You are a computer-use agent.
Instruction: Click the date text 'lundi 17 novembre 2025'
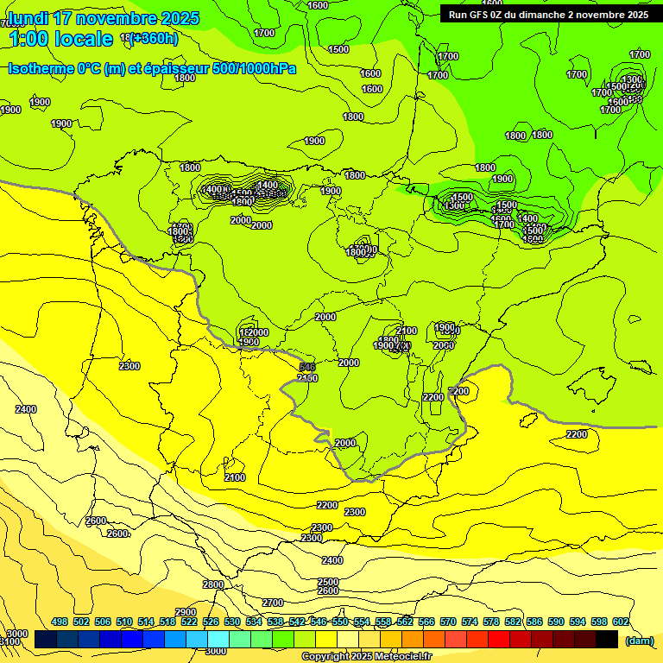click(x=104, y=18)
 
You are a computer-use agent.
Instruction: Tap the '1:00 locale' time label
click(x=60, y=39)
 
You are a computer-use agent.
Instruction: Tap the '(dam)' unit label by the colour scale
click(x=640, y=640)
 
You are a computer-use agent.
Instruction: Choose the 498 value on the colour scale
click(x=60, y=622)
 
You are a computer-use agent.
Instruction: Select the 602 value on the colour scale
click(x=621, y=622)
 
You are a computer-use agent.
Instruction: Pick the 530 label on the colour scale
click(x=232, y=622)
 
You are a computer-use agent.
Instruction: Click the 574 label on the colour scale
click(x=470, y=622)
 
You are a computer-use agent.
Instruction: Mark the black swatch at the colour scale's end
click(x=607, y=640)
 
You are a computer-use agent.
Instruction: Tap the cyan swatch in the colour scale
click(x=218, y=640)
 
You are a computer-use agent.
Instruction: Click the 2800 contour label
click(x=213, y=584)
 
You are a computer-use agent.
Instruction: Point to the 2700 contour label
click(x=273, y=603)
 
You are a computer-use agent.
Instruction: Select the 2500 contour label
click(x=328, y=582)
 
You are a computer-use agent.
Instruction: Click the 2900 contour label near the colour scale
click(x=186, y=612)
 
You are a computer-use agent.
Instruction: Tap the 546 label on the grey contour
click(x=308, y=368)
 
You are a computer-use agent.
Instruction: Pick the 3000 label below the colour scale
click(x=217, y=651)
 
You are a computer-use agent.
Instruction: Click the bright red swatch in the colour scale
click(x=499, y=640)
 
